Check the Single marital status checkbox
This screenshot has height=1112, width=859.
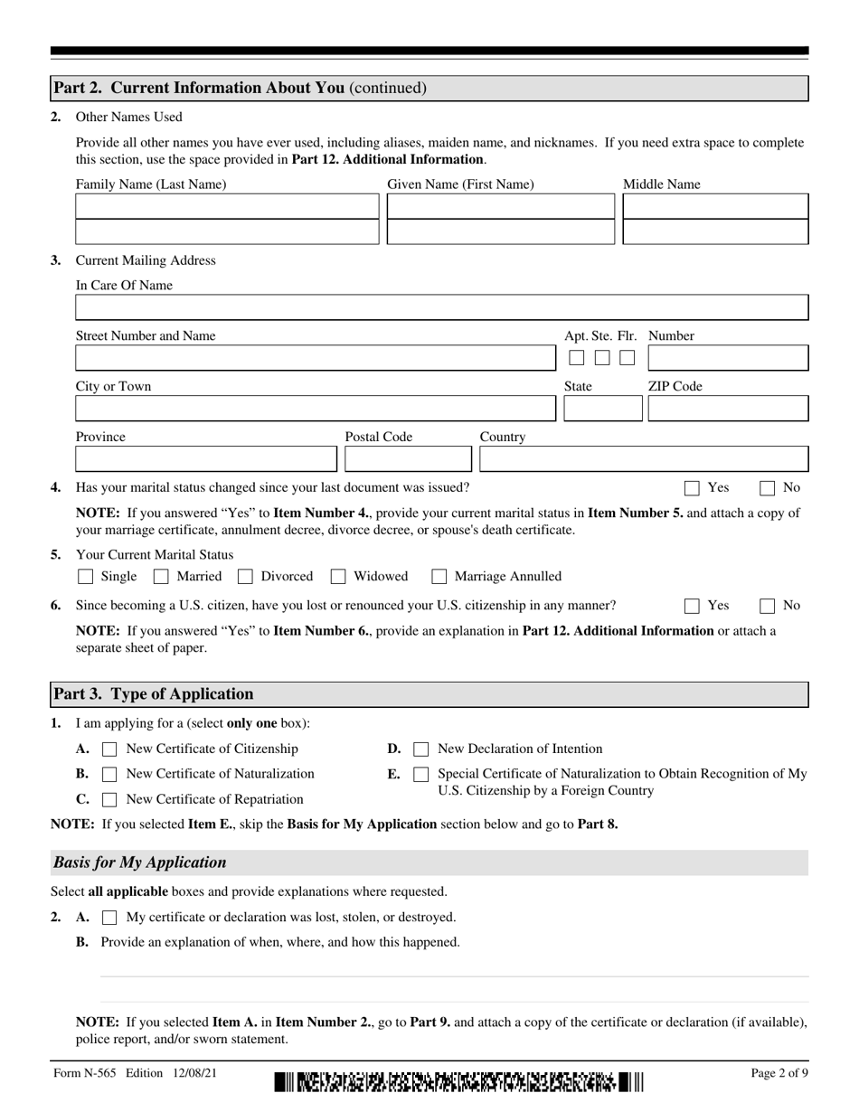click(x=86, y=577)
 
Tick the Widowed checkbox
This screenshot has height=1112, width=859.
click(x=338, y=577)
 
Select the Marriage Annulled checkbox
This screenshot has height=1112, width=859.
click(x=439, y=577)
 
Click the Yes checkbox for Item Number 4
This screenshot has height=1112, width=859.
click(x=692, y=488)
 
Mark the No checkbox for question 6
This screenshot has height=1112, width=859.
click(x=767, y=606)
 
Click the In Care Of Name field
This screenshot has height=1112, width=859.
click(x=441, y=308)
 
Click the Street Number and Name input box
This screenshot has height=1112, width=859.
click(x=315, y=358)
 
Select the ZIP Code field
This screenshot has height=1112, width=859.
click(x=728, y=409)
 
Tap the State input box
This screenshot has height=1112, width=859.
click(x=602, y=409)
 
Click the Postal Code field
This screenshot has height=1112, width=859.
click(x=408, y=459)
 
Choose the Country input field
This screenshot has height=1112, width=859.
click(x=643, y=459)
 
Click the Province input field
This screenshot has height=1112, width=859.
click(x=206, y=459)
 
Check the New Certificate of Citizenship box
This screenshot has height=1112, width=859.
click(x=109, y=749)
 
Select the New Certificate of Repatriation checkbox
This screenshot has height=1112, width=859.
click(x=109, y=800)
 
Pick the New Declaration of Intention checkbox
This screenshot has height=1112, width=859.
click(x=420, y=749)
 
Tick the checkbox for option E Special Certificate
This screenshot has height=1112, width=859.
click(x=420, y=775)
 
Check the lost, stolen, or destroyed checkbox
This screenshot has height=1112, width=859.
click(x=109, y=918)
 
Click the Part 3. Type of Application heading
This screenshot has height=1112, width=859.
click(x=153, y=694)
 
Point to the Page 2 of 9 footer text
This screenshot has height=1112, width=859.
click(x=779, y=1073)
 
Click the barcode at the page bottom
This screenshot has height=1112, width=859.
click(x=458, y=1081)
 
